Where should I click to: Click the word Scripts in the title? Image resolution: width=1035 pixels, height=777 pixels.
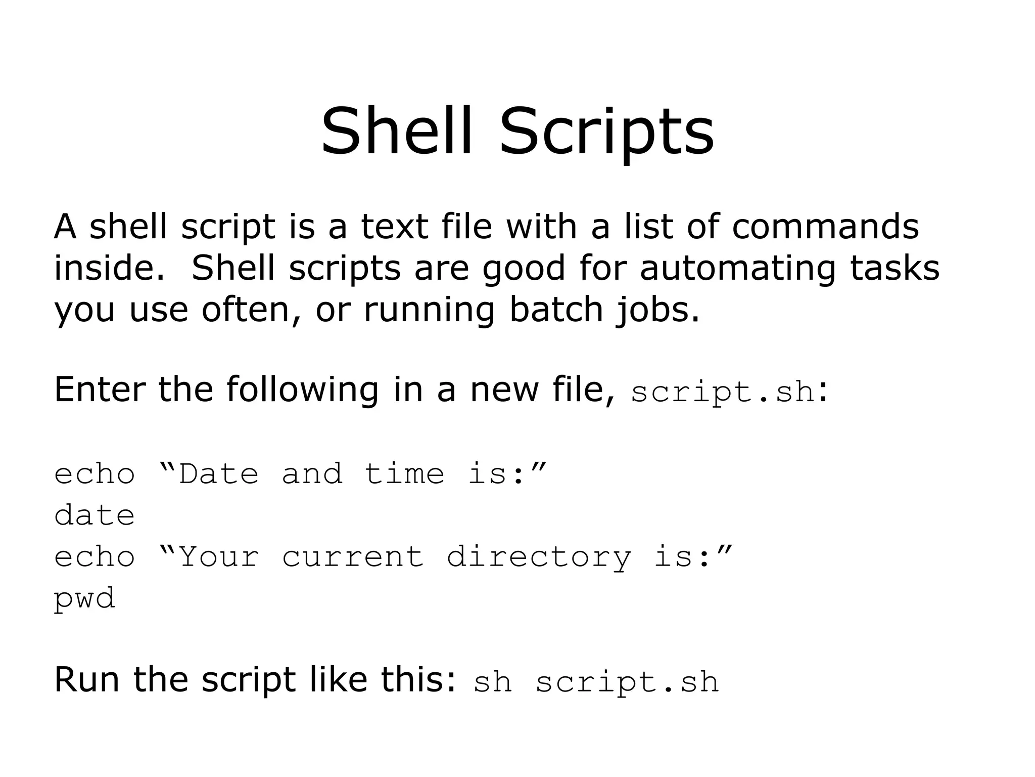(606, 133)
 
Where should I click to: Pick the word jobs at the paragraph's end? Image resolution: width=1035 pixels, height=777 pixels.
(657, 310)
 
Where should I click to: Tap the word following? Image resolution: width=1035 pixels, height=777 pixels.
(302, 390)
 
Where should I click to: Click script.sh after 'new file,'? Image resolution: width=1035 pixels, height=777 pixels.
(723, 392)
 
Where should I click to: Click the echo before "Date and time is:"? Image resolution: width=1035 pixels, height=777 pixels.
(95, 474)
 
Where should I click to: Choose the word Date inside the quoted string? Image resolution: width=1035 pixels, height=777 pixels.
(218, 474)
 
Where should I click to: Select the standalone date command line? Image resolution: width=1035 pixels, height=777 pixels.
(95, 515)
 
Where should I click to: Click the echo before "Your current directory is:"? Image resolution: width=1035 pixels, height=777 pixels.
(95, 557)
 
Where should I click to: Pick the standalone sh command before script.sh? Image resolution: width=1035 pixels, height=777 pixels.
(493, 681)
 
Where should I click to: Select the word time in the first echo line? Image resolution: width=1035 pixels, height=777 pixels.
(404, 474)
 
